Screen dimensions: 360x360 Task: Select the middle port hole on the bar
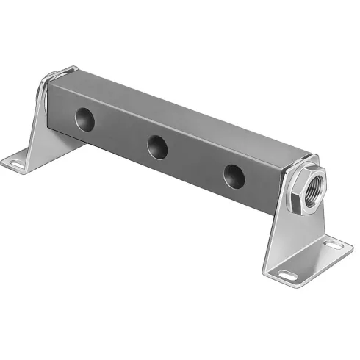click(x=156, y=147)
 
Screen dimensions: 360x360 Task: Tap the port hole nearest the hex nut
click(x=234, y=176)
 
